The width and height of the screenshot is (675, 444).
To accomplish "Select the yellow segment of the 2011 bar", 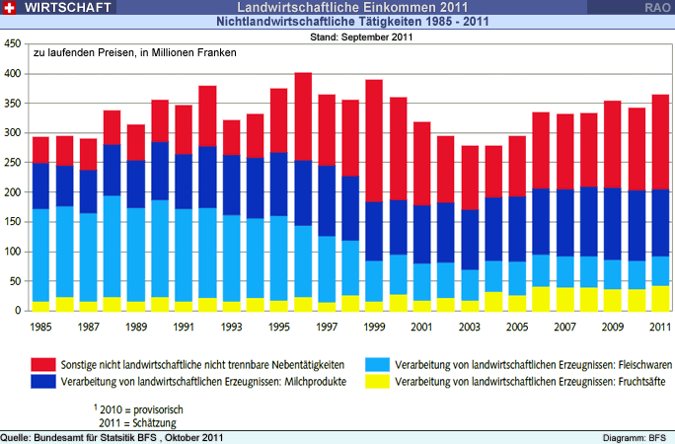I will (660, 299).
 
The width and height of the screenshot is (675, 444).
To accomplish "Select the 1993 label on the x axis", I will (230, 326).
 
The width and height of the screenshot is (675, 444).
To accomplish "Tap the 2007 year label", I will (565, 326).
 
